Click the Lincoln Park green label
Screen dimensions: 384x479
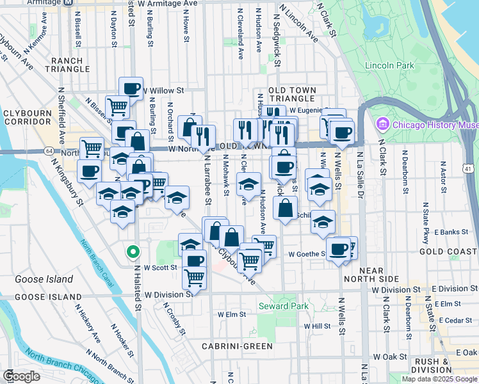pos(389,65)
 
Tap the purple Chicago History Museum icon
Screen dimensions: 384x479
pos(383,124)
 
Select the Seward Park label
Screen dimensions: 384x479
pos(283,307)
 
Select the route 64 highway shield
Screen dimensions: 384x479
pos(49,150)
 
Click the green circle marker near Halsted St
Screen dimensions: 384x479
pos(133,252)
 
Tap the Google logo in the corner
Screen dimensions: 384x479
pos(21,376)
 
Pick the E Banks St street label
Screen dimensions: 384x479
pos(448,232)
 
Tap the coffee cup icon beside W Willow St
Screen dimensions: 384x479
pos(131,89)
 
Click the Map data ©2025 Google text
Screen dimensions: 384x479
pos(439,379)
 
